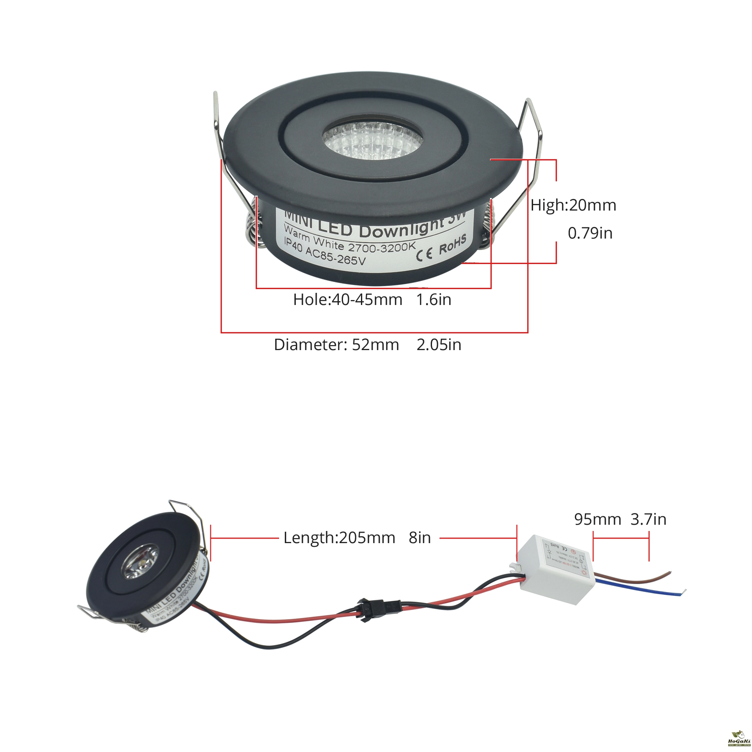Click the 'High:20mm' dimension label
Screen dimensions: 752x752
573,205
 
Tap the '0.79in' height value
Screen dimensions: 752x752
590,233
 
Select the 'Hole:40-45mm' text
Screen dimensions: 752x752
348,300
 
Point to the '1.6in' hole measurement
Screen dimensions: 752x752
434,300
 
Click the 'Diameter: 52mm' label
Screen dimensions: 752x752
336,345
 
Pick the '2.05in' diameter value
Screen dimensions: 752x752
439,345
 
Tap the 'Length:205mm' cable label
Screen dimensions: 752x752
339,538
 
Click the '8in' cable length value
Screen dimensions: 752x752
419,538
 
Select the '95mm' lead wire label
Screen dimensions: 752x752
597,519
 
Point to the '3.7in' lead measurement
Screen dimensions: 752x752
648,519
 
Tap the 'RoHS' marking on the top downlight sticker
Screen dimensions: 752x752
452,246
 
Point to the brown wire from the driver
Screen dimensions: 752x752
635,579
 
